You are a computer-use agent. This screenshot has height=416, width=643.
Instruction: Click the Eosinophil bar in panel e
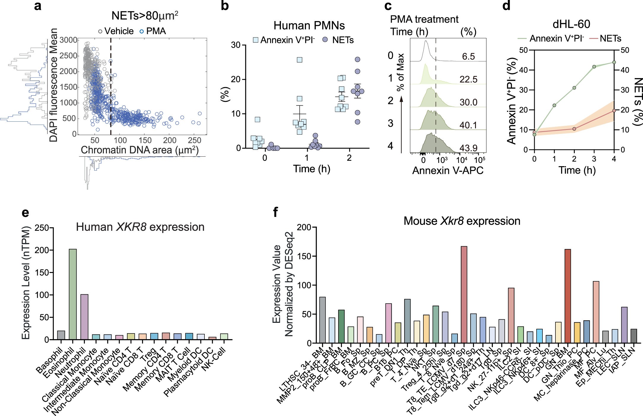(x=73, y=294)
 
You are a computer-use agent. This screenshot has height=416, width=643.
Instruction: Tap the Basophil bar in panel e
(x=61, y=335)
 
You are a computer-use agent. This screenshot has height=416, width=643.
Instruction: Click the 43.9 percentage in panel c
(x=468, y=148)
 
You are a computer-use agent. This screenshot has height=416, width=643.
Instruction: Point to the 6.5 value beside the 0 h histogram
(x=468, y=56)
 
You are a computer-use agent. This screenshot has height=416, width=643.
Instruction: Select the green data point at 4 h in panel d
(x=614, y=62)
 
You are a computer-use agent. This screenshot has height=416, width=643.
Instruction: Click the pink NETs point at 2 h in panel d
(x=574, y=129)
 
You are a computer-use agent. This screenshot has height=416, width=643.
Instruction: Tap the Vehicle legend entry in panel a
(x=116, y=31)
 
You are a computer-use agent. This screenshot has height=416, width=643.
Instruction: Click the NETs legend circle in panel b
(x=325, y=40)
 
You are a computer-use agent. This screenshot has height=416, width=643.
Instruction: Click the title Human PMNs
(x=309, y=26)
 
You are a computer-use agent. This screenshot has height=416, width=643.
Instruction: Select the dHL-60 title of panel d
(x=571, y=24)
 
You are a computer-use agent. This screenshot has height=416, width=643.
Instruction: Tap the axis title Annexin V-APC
(x=448, y=170)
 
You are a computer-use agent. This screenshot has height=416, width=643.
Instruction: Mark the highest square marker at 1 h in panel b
(x=299, y=60)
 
